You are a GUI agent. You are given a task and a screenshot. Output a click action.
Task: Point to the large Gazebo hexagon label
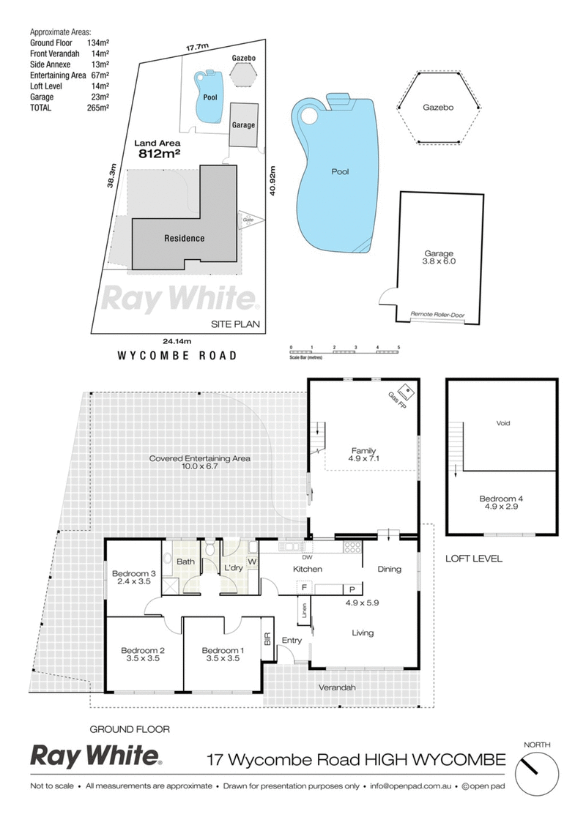[x=438, y=107]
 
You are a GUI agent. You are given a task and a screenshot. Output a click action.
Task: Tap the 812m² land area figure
[x=160, y=154]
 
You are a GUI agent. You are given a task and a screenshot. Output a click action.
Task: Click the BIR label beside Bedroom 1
[x=267, y=640]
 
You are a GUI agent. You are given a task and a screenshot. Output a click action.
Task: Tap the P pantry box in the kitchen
[x=352, y=589]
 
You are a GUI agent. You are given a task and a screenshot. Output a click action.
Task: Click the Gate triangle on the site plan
[x=248, y=220]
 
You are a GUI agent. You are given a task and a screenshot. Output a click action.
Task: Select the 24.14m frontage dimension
[x=179, y=340]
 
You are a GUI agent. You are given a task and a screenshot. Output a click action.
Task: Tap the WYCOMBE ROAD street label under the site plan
[x=177, y=356]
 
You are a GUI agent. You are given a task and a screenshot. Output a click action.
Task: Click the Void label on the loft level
[x=502, y=423]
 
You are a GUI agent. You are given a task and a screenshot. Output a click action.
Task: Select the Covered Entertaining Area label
[x=199, y=463]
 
